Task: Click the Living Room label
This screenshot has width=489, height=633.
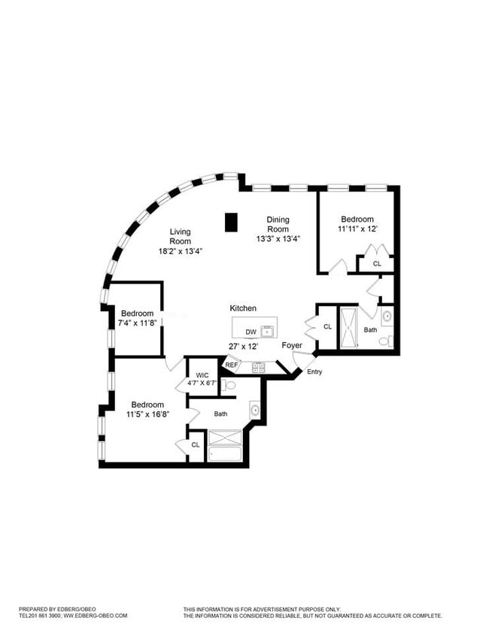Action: click(x=180, y=236)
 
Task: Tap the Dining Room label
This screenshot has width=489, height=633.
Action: click(x=278, y=224)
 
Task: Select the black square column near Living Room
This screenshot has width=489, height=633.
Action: click(x=231, y=222)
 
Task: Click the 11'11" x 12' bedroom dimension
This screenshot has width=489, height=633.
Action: click(x=357, y=229)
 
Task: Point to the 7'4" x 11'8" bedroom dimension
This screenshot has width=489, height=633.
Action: click(x=137, y=323)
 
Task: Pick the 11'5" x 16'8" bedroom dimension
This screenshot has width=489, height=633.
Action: click(x=147, y=413)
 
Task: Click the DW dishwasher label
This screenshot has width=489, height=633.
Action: click(x=251, y=332)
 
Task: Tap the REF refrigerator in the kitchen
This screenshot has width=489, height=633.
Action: click(x=232, y=365)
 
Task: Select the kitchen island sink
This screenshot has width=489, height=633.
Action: click(x=268, y=331)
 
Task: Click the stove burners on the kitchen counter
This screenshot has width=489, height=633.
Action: click(x=258, y=368)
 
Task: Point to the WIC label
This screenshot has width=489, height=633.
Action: click(x=202, y=375)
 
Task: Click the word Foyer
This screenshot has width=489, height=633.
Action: click(x=292, y=345)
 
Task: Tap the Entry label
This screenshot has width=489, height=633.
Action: click(x=314, y=372)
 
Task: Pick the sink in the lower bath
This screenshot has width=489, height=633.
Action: click(x=255, y=410)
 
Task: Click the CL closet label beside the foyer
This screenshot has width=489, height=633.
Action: click(x=327, y=326)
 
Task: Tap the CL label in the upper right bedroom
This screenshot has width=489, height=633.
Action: click(x=377, y=264)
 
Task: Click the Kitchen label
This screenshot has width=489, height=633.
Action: click(x=243, y=308)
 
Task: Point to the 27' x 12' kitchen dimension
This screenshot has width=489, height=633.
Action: click(x=244, y=346)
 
